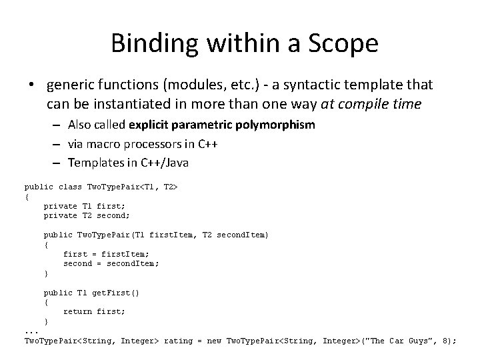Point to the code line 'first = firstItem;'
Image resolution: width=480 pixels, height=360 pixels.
107,254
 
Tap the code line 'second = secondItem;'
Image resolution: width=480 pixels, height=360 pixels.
111,263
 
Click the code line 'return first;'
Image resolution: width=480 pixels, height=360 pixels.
95,311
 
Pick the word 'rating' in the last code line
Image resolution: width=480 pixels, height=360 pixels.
179,341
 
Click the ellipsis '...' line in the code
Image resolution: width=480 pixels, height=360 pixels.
31,331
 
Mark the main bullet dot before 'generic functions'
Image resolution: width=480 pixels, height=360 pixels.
32,85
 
